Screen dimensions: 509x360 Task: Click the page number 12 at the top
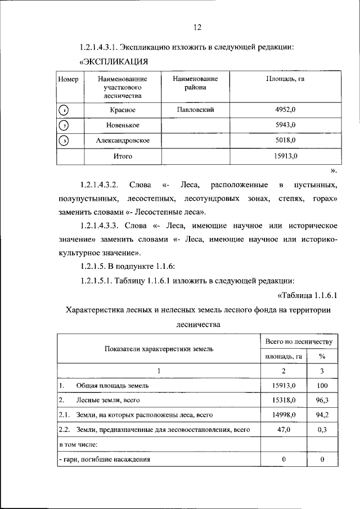(x=197, y=26)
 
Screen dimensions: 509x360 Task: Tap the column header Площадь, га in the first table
(x=285, y=80)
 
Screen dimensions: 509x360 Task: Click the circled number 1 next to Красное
(x=65, y=110)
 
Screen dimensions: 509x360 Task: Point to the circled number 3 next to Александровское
(x=65, y=141)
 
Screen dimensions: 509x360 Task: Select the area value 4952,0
(x=285, y=110)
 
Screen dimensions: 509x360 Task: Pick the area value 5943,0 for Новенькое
(x=285, y=125)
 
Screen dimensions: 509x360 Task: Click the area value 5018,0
(x=285, y=140)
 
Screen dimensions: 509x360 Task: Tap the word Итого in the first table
(x=123, y=156)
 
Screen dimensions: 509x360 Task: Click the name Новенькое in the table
(x=123, y=125)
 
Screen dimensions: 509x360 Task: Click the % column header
(x=322, y=356)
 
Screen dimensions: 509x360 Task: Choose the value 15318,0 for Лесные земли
(x=283, y=400)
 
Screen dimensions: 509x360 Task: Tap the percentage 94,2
(x=322, y=415)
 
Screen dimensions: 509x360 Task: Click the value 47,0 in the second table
(x=283, y=430)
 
